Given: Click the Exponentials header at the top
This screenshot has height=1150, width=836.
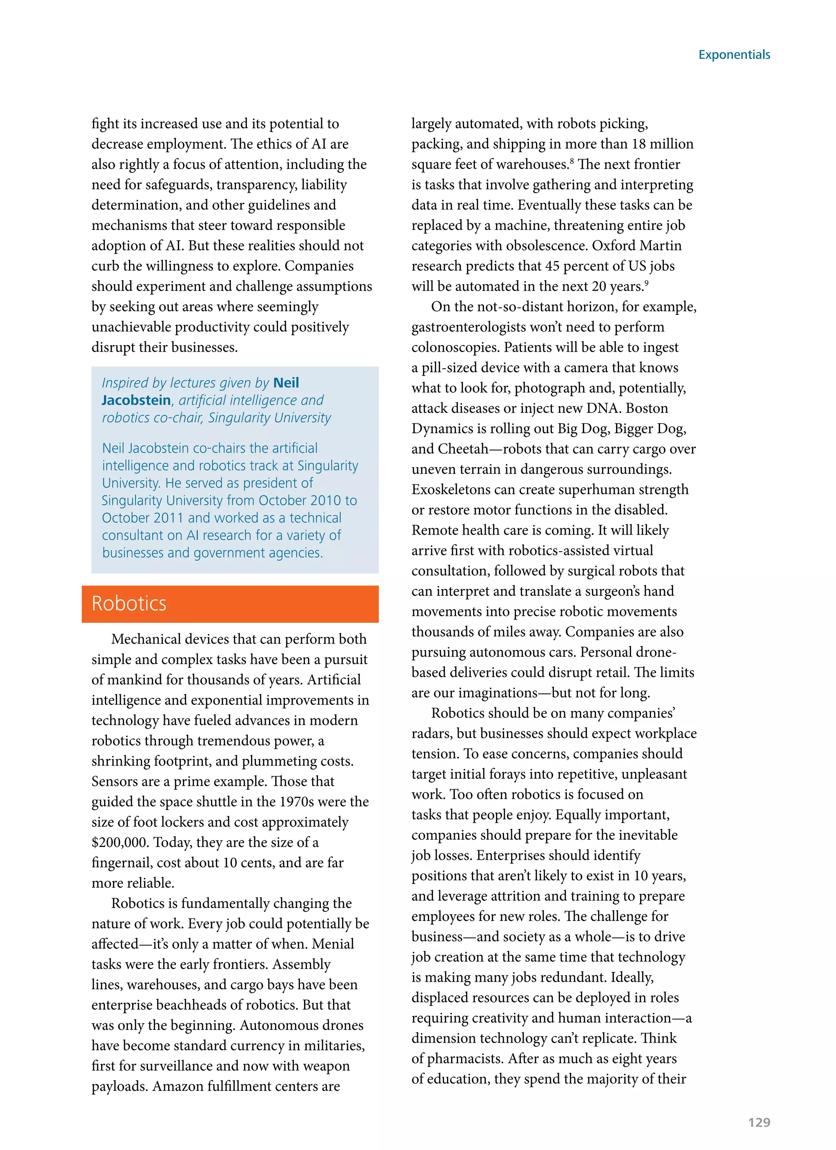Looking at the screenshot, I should click(734, 55).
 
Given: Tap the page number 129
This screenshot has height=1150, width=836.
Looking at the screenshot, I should click(758, 1122).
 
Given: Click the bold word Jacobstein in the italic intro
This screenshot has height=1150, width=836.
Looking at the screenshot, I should click(136, 400).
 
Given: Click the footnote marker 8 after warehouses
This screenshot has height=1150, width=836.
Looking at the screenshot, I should click(572, 161).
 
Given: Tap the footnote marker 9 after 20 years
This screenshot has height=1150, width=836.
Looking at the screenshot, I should click(647, 283).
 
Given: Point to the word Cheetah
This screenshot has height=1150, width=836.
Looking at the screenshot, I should click(463, 449).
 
